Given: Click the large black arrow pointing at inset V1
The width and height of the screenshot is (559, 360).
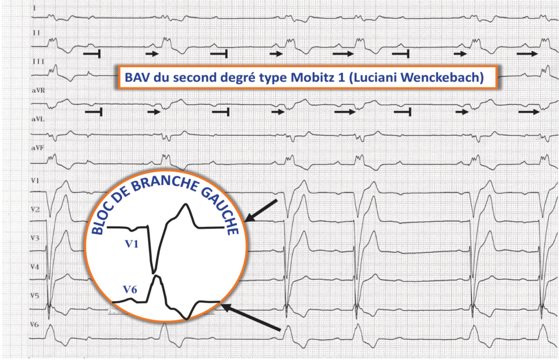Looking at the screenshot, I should (261, 211).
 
